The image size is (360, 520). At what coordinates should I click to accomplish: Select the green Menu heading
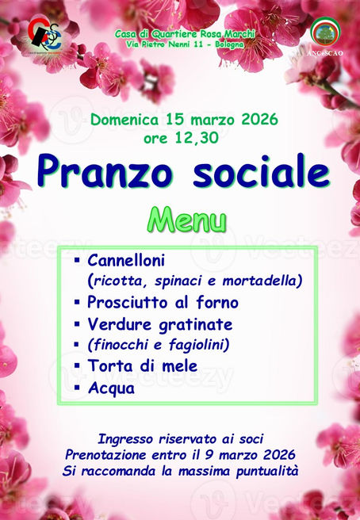point(186,218)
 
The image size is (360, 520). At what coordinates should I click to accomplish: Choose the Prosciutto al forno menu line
point(163,302)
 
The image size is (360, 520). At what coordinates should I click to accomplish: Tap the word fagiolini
point(197,344)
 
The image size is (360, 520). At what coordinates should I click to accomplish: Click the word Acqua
point(111,388)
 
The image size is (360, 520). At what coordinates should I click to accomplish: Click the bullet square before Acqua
point(77,388)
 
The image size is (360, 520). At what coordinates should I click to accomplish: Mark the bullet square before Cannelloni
point(77,259)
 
